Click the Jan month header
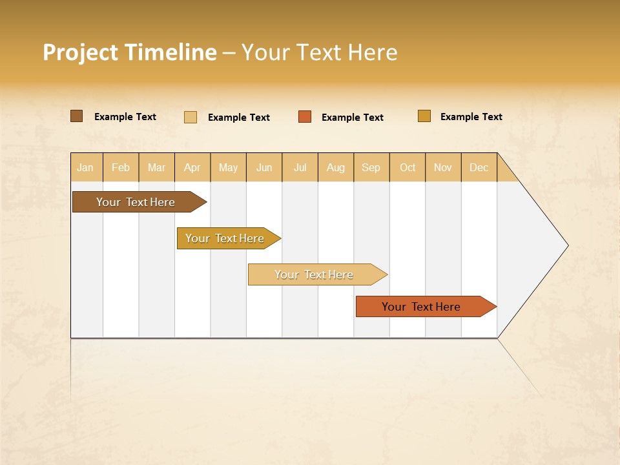[86, 167]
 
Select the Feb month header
[121, 167]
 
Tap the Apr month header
[192, 167]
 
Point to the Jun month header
[264, 167]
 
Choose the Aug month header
[336, 167]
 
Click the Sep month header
[371, 167]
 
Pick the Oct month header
[408, 167]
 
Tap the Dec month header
[479, 167]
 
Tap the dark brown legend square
[76, 116]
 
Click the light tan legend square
[191, 117]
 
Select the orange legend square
[305, 116]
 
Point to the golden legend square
[424, 116]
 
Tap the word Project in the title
[81, 52]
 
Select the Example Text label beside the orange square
[353, 118]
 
